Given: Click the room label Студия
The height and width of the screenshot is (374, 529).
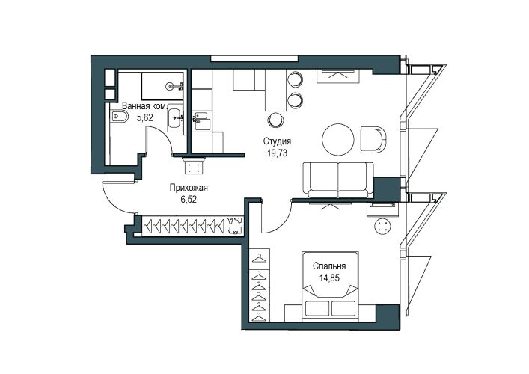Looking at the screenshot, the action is pyautogui.click(x=277, y=141).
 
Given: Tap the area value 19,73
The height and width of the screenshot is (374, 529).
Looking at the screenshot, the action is pyautogui.click(x=277, y=153).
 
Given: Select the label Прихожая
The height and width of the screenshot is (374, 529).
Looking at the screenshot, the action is pyautogui.click(x=189, y=188).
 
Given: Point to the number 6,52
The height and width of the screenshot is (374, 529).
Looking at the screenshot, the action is pyautogui.click(x=189, y=200).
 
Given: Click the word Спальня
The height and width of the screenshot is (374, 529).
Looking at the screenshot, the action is pyautogui.click(x=329, y=266).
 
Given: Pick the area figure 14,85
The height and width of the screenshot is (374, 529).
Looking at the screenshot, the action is pyautogui.click(x=329, y=278).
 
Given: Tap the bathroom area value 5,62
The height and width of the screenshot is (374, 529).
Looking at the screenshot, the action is pyautogui.click(x=144, y=117).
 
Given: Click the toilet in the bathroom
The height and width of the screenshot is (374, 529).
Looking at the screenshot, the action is pyautogui.click(x=119, y=117).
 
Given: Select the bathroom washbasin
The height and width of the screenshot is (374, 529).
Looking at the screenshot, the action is pyautogui.click(x=175, y=117).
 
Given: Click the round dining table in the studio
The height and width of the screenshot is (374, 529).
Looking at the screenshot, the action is pyautogui.click(x=338, y=140).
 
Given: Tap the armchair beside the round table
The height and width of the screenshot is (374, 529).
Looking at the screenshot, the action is pyautogui.click(x=373, y=139).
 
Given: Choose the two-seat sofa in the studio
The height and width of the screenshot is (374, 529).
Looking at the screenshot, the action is pyautogui.click(x=338, y=180).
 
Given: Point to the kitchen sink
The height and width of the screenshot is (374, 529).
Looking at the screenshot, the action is pyautogui.click(x=202, y=120).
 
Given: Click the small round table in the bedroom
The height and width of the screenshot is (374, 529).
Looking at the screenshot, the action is pyautogui.click(x=382, y=226).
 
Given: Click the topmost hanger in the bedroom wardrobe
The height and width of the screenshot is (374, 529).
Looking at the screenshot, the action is pyautogui.click(x=260, y=258).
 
